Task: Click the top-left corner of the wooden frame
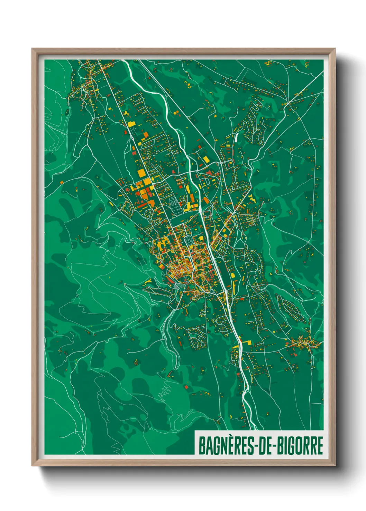pos(33,49)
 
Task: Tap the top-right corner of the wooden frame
pos(335,49)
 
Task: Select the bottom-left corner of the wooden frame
pos(33,465)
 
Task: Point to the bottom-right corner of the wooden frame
pos(335,465)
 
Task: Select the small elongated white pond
pos(236,138)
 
